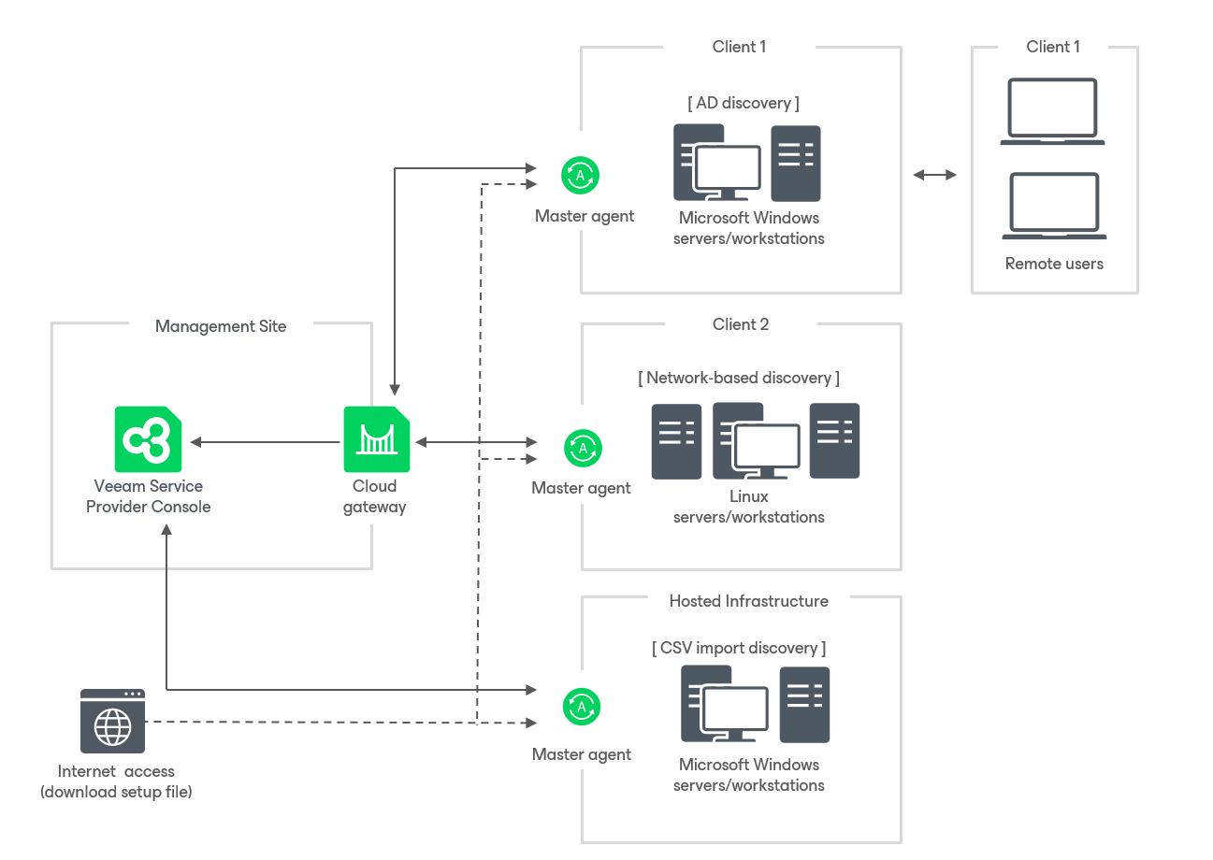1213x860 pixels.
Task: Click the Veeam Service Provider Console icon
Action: point(148,438)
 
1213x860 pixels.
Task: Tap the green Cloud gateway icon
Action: point(376,438)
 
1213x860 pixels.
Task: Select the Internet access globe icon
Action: point(113,721)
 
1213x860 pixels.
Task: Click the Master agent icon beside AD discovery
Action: point(580,175)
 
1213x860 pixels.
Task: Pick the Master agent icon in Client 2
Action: point(583,448)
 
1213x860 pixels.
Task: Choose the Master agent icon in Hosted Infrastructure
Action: point(582,707)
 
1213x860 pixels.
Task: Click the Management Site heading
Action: point(221,326)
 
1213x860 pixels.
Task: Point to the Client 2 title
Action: point(741,324)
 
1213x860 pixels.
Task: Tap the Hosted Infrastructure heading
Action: point(748,601)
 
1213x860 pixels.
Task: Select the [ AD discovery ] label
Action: point(744,103)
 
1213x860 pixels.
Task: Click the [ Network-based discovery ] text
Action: point(739,378)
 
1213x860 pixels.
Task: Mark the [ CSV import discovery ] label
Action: point(739,648)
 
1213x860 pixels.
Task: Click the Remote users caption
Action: point(1054,264)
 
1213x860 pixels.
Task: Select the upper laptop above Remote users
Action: point(1052,111)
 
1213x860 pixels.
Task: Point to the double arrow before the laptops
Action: point(935,175)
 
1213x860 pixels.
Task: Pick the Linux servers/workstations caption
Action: point(749,507)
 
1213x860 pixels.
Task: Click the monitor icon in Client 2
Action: point(767,449)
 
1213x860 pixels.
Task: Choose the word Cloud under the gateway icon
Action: point(375,486)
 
